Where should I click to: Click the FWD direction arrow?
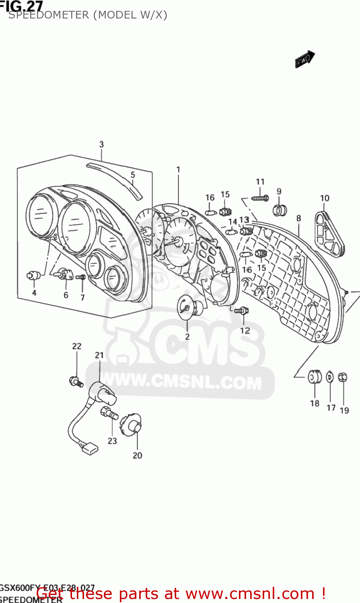(304, 59)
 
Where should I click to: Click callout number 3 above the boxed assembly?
(101, 144)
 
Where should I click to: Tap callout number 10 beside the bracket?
(325, 198)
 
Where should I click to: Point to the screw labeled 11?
(260, 198)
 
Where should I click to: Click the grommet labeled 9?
(280, 209)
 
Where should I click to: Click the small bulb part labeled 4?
(33, 276)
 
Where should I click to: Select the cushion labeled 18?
(314, 377)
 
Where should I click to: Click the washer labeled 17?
(330, 377)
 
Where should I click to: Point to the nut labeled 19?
(343, 377)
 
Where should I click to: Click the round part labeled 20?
(133, 425)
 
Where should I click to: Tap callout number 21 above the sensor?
(99, 355)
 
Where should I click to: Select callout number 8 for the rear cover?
(298, 219)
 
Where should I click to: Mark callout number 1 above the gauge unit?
(178, 170)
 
